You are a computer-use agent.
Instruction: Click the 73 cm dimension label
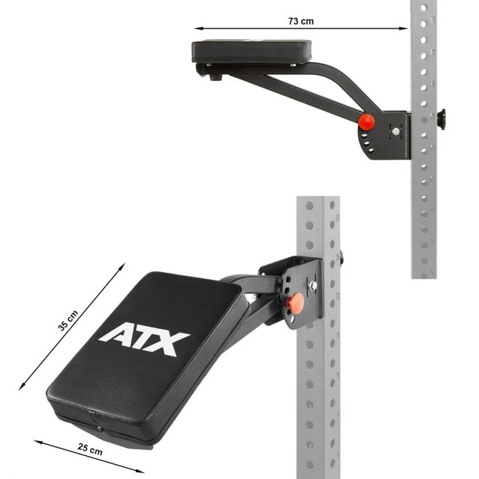click(x=301, y=21)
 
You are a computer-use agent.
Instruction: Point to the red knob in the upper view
click(x=366, y=122)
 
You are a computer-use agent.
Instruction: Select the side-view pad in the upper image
click(x=251, y=52)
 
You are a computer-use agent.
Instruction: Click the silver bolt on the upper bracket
click(x=396, y=132)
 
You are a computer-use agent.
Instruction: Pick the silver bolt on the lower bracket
click(x=312, y=285)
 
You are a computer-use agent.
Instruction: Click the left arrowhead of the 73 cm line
click(x=196, y=28)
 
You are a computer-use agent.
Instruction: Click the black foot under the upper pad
click(x=216, y=77)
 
